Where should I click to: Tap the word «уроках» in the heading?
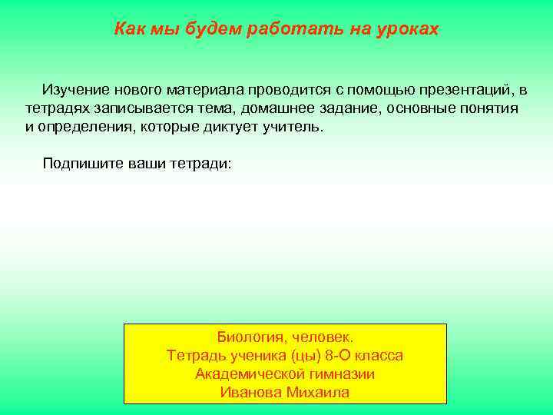pos(407,29)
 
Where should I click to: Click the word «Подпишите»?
pos(81,163)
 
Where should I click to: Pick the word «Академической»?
pos(248,373)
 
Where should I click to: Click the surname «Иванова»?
pos(250,392)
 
